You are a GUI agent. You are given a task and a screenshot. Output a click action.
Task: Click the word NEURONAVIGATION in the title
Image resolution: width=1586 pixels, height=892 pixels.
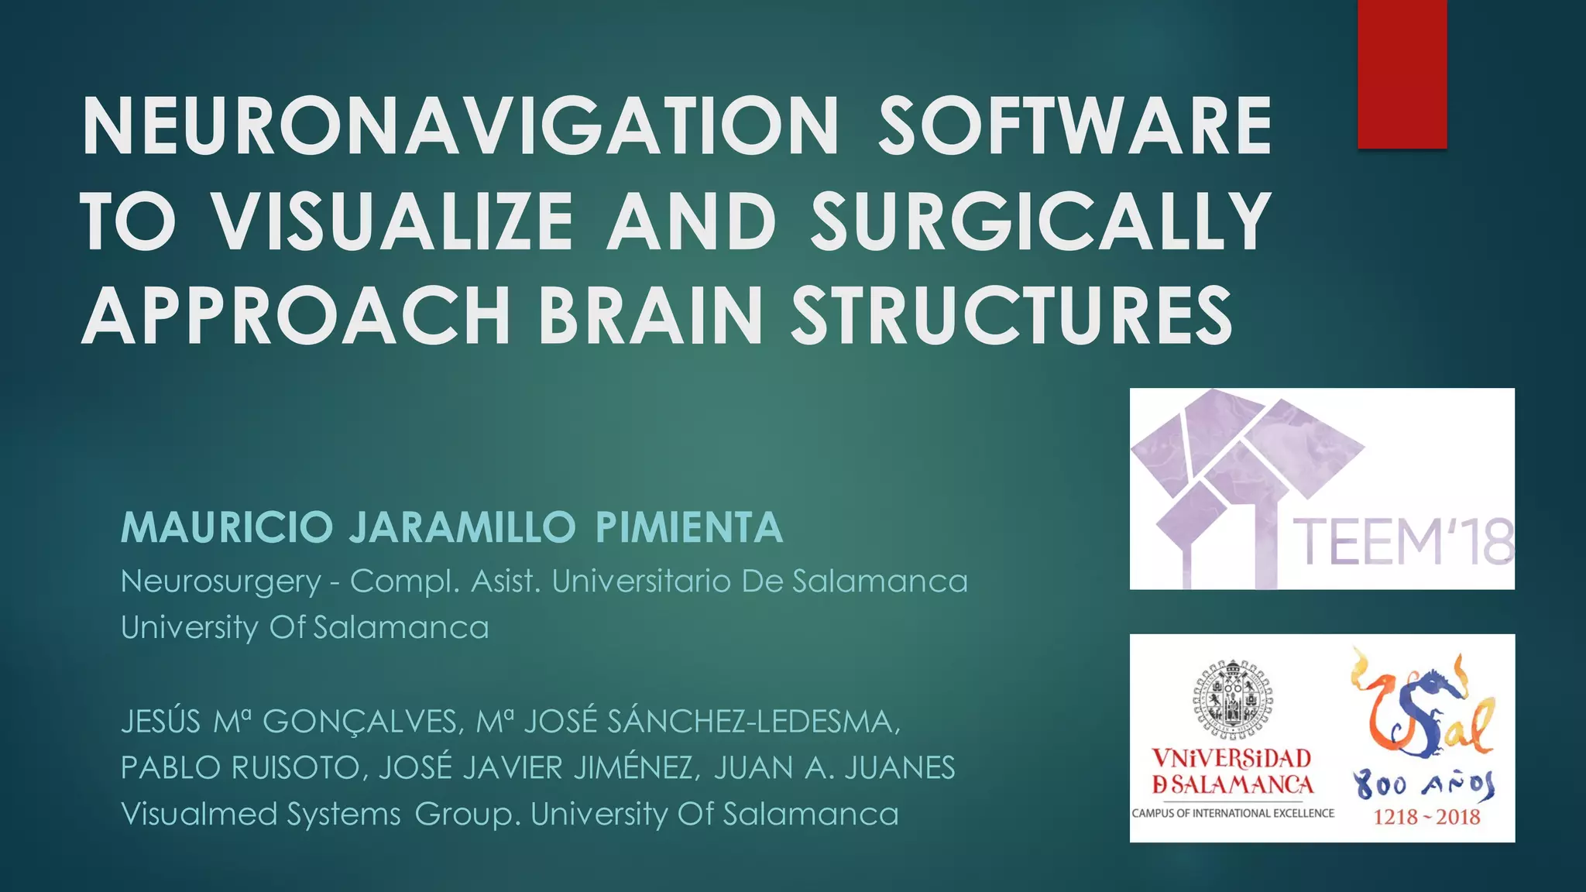460,126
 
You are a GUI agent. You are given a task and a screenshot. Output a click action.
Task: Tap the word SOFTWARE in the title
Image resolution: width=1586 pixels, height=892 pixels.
1075,126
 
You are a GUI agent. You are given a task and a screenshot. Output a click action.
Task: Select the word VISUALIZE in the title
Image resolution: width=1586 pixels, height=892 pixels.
393,221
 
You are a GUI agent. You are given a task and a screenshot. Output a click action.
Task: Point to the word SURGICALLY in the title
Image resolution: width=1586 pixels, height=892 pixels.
1040,221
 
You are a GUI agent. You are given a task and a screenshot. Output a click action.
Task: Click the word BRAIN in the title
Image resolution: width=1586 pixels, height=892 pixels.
651,316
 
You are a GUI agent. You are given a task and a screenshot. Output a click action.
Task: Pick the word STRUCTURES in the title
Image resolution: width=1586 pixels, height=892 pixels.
1011,316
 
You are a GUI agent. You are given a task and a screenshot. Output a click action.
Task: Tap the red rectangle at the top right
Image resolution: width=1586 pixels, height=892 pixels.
1402,74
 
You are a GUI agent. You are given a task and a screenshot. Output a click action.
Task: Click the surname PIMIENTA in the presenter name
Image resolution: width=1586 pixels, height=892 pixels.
689,528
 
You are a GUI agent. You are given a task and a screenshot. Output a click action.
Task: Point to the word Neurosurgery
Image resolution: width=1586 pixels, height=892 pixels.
221,582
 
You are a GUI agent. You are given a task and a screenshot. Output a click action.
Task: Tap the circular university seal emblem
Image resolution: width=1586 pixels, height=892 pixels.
1232,697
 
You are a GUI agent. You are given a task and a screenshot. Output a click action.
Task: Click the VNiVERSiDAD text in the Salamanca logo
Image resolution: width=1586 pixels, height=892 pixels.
1231,758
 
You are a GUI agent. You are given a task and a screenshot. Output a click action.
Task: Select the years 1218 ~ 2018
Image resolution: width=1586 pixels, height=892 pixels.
1426,817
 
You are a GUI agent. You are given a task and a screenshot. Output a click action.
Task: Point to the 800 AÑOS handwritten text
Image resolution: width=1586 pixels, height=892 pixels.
1424,786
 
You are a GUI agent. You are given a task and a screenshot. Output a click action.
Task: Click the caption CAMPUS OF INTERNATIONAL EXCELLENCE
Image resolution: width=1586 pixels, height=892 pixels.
1233,813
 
